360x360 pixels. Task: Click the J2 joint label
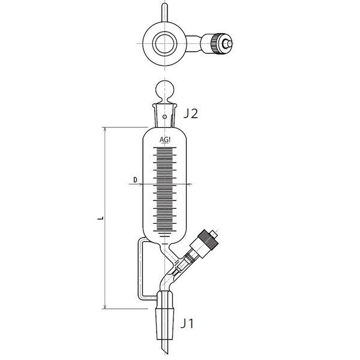click(x=191, y=113)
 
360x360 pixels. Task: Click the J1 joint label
click(x=187, y=323)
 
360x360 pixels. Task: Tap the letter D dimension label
click(x=135, y=180)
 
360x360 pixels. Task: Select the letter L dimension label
click(x=100, y=218)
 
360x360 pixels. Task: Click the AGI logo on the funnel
click(x=165, y=140)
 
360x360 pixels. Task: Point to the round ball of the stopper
click(x=164, y=89)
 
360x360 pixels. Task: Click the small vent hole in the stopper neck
click(x=164, y=116)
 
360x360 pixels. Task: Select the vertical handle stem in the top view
click(x=164, y=13)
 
